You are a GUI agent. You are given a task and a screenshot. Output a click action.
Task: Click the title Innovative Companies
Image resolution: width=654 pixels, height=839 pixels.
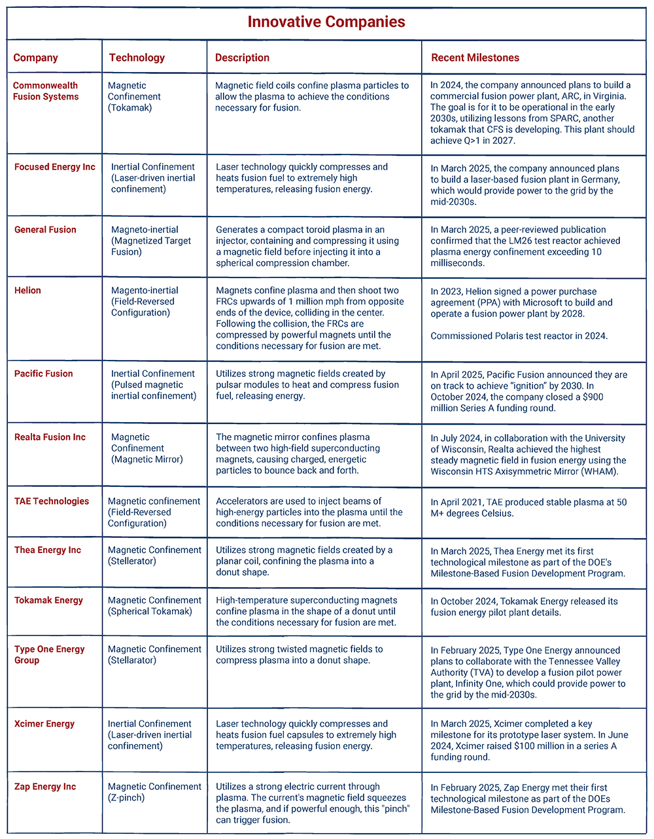[x=326, y=22]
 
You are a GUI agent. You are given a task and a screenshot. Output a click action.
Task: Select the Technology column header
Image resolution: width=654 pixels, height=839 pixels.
[x=137, y=58]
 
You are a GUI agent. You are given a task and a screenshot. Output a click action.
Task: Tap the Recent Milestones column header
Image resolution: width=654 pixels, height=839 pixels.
[x=475, y=58]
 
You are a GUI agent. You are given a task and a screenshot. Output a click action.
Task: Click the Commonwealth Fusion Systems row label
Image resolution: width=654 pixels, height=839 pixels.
[x=46, y=91]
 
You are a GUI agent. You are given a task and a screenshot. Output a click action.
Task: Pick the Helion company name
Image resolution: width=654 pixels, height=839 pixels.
[x=27, y=291]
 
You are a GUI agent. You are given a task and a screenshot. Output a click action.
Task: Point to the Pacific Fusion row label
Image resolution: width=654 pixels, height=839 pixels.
[x=44, y=374]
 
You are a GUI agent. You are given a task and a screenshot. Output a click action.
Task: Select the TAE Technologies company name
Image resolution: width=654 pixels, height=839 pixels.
[x=52, y=501]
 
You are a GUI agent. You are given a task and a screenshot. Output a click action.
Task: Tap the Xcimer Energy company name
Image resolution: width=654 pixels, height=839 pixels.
[x=44, y=724]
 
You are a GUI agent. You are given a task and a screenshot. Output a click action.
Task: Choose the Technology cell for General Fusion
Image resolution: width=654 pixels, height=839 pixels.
[x=151, y=241]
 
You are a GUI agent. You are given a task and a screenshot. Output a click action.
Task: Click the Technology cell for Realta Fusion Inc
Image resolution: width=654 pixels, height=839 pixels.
[x=147, y=448]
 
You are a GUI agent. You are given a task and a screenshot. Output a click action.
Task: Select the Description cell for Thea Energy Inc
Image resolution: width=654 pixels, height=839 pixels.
[x=304, y=561]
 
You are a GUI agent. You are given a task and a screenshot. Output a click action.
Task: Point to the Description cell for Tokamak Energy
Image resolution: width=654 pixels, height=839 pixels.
[x=306, y=611]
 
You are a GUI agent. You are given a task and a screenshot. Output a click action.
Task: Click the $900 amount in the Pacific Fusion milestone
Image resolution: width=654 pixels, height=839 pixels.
[x=591, y=397]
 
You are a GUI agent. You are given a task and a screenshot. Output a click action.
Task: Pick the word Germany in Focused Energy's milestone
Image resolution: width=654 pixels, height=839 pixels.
[x=596, y=179]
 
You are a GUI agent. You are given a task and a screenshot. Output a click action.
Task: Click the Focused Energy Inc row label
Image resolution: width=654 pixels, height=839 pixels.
[x=55, y=167]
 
